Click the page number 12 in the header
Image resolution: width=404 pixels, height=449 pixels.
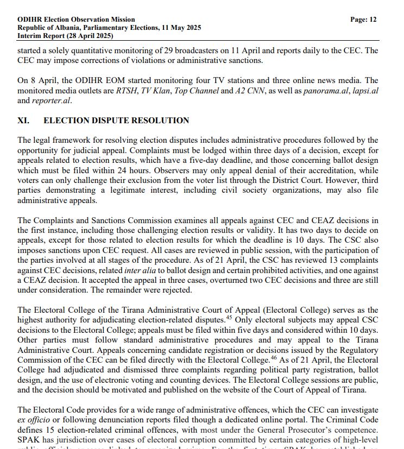click(x=372, y=19)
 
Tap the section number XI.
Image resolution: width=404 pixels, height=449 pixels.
click(x=24, y=121)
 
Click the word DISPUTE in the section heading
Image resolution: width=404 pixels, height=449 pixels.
click(x=103, y=121)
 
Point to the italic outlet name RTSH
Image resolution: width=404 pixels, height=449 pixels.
click(x=127, y=91)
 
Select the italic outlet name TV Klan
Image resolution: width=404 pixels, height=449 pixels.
click(x=156, y=91)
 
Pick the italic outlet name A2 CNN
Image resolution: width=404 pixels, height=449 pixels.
click(x=249, y=91)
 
